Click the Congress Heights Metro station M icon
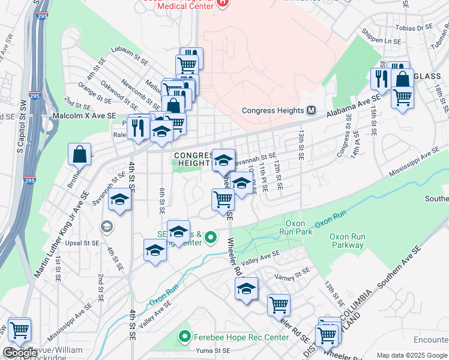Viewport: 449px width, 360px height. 312,110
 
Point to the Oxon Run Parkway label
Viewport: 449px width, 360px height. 348,241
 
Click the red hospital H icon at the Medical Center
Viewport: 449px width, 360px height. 222,2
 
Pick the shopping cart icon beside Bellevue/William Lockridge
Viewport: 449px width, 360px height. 19,329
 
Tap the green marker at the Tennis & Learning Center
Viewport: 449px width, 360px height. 210,238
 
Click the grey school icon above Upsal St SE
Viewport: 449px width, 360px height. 106,226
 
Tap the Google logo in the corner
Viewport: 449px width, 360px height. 20,353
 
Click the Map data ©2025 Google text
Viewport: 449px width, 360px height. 412,355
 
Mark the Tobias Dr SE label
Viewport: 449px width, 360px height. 416,27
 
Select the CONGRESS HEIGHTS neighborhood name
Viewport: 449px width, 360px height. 194,159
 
